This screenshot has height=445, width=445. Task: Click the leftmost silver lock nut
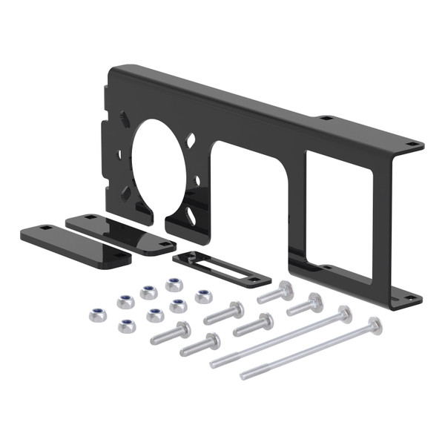96,314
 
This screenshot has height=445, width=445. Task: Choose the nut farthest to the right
203,296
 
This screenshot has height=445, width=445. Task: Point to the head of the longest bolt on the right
375,325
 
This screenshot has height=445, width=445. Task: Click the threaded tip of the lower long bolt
245,376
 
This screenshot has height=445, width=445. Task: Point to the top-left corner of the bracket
113,70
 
